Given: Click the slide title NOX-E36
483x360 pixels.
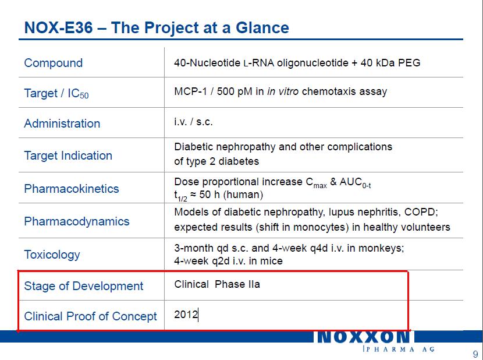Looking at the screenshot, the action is (x=58, y=27).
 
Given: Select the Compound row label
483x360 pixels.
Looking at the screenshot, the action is (x=54, y=63).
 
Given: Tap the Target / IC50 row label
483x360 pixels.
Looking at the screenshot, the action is (x=56, y=93).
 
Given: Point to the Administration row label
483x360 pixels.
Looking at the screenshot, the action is (x=62, y=123).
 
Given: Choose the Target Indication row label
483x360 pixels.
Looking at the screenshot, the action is (x=68, y=156).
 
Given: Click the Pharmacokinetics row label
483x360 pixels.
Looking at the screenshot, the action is (x=72, y=189).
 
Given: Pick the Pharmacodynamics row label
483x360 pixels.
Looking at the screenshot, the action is (x=77, y=221).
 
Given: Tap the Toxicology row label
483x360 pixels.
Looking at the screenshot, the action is (x=52, y=255).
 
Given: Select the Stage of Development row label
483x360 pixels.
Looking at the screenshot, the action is (x=84, y=286).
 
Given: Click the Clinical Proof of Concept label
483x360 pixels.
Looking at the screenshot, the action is (x=91, y=316).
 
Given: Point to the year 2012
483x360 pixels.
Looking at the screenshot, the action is (x=186, y=315).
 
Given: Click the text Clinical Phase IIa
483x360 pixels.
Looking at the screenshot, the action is (x=217, y=284).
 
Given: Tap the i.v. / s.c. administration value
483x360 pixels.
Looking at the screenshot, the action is (x=193, y=122).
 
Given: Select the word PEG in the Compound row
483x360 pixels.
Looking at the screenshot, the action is (x=409, y=63).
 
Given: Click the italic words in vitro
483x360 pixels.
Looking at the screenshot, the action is (x=283, y=91).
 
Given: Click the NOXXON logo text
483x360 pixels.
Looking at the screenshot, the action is (x=364, y=337).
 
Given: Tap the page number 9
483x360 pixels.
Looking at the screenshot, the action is (x=475, y=354).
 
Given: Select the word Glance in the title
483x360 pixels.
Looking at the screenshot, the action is (x=262, y=27).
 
